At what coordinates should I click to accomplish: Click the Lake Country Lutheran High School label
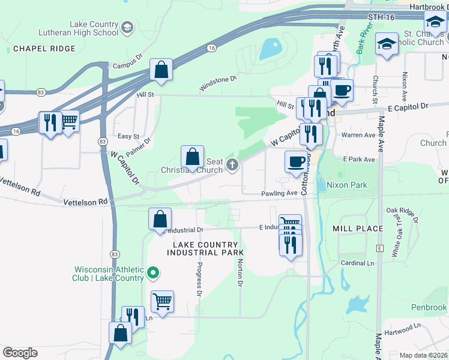point(94,28)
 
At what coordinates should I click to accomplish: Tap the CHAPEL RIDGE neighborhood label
point(44,49)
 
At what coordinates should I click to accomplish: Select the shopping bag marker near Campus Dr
point(161,70)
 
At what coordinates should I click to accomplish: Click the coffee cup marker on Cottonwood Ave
point(295,162)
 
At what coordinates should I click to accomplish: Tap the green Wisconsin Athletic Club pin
point(153,274)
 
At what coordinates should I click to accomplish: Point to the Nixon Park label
point(351,185)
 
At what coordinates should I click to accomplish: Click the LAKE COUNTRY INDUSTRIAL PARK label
point(208,248)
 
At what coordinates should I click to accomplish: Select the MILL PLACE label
point(358,229)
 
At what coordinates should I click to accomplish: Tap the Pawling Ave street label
point(279,193)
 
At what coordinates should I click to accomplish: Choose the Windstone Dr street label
point(218,83)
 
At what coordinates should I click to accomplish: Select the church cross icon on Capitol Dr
point(233,166)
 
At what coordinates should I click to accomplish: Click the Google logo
point(20,353)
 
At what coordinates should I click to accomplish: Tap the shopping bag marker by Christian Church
point(192,157)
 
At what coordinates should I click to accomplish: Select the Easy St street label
point(128,136)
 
